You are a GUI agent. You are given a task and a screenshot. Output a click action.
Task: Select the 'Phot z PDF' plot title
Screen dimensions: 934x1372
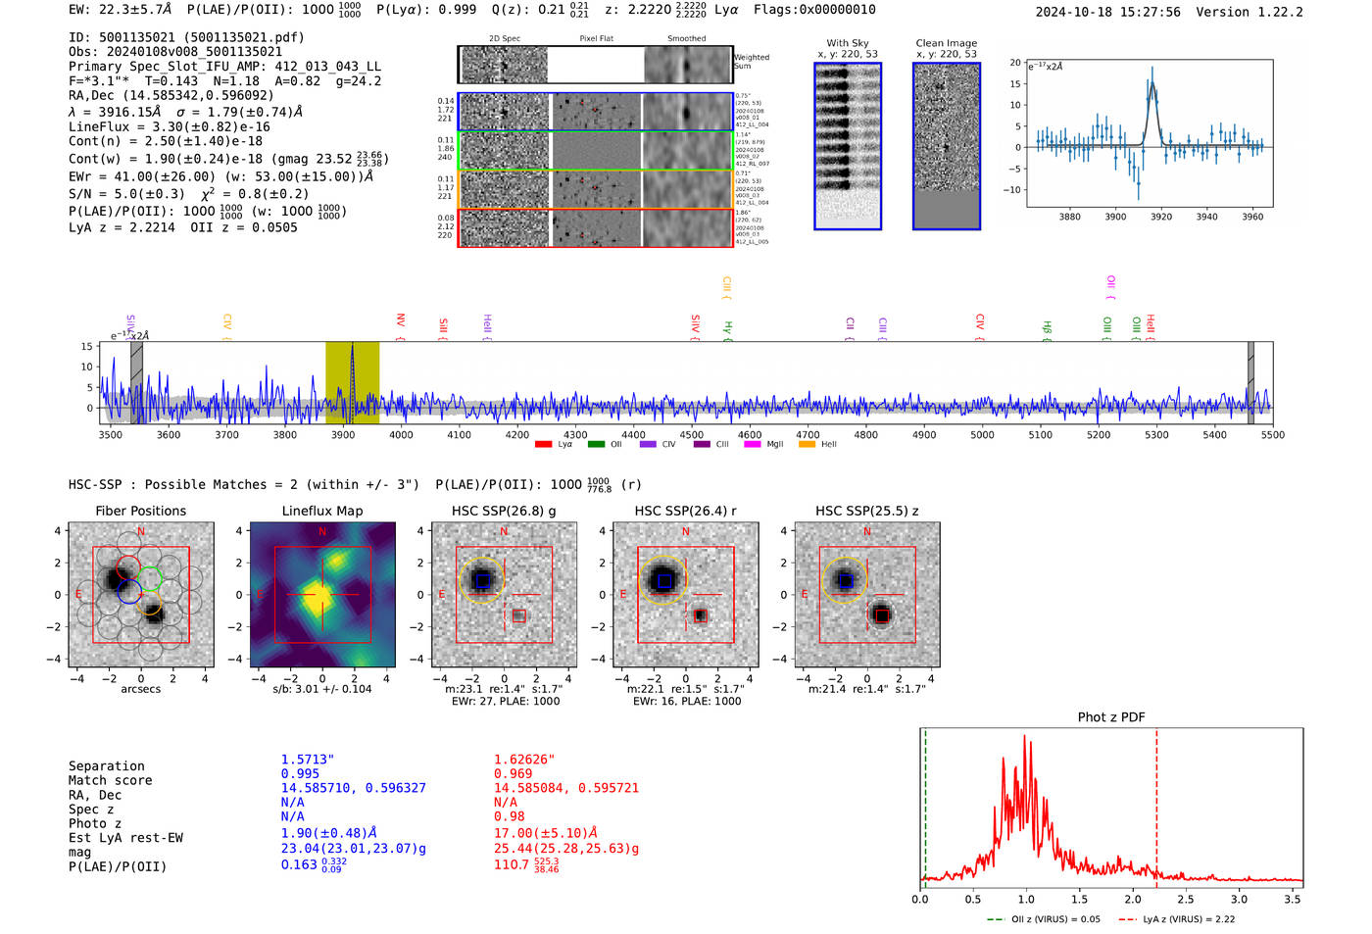pyautogui.click(x=1111, y=717)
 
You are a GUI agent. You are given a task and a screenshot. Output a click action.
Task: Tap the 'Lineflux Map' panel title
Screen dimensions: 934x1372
pyautogui.click(x=322, y=511)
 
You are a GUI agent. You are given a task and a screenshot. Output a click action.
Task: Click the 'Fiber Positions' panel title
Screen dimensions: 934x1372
pyautogui.click(x=141, y=511)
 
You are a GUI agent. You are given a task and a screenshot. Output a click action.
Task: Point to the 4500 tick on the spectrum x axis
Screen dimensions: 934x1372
pyautogui.click(x=692, y=434)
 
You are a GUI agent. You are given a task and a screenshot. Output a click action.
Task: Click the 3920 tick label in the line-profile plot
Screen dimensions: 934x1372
pyautogui.click(x=1161, y=217)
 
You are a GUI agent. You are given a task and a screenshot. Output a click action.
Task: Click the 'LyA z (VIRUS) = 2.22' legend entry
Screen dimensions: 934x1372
pyautogui.click(x=1189, y=919)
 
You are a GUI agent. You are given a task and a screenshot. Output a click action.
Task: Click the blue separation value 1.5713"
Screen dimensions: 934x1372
pyautogui.click(x=308, y=760)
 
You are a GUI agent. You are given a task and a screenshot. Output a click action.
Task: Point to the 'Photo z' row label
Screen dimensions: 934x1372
pyautogui.click(x=95, y=823)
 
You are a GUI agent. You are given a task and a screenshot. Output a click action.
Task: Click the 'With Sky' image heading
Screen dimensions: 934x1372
pyautogui.click(x=848, y=43)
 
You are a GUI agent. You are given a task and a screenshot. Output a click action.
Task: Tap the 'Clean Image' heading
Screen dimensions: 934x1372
pyautogui.click(x=947, y=43)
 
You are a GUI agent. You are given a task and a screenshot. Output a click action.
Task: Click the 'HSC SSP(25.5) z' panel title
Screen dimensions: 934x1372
pyautogui.click(x=867, y=511)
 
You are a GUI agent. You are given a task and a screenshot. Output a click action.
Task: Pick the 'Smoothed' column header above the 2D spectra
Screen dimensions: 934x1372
pyautogui.click(x=686, y=39)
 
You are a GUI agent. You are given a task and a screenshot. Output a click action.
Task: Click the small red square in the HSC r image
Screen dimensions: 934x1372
pyautogui.click(x=700, y=615)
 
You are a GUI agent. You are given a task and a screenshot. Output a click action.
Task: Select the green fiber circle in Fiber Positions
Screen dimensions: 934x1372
pyautogui.click(x=149, y=578)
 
